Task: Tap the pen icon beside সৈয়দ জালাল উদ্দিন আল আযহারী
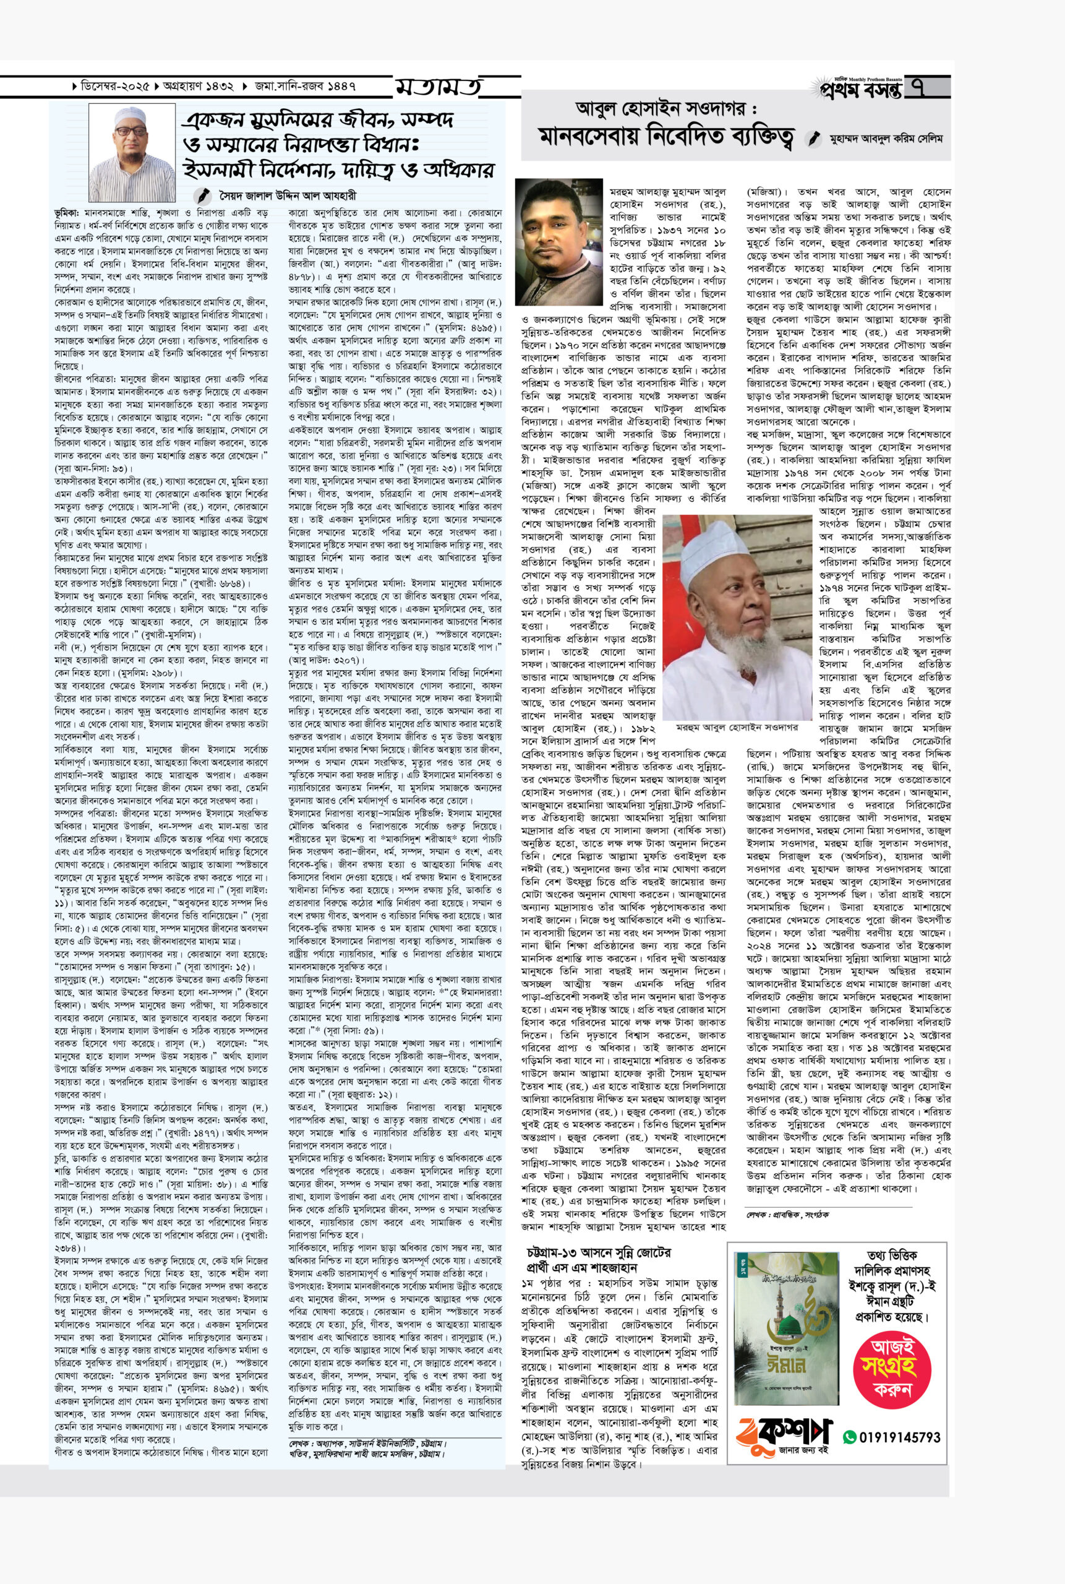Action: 202,195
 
